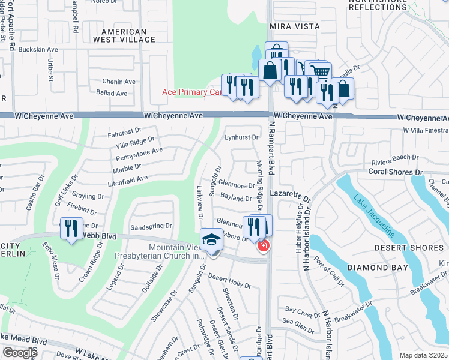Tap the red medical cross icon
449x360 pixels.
click(x=262, y=245)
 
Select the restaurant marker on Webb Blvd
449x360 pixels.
click(x=71, y=229)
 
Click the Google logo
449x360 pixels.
click(x=19, y=353)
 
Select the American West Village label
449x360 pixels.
click(x=124, y=35)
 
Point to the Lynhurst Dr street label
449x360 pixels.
click(x=241, y=137)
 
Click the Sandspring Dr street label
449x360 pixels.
click(x=151, y=227)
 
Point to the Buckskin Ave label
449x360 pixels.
click(x=38, y=49)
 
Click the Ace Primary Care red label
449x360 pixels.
click(x=193, y=92)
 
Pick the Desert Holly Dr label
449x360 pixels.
click(x=230, y=280)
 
